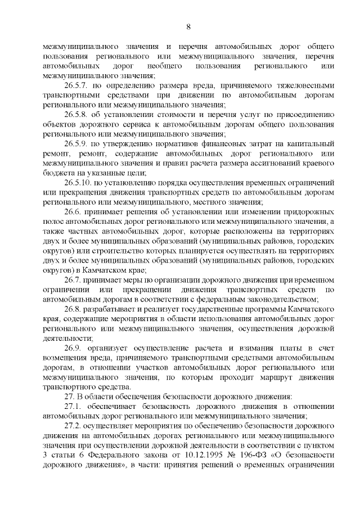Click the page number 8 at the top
(188, 26)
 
